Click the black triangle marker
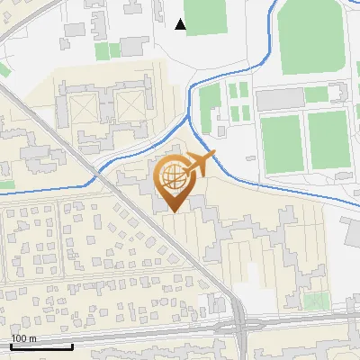[x=181, y=24]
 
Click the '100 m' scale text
[x=24, y=338]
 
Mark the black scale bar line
[x=41, y=346]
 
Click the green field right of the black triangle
[x=207, y=16]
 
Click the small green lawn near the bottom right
[x=314, y=300]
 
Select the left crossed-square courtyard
[x=80, y=109]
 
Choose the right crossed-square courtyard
[x=128, y=107]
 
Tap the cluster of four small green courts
[x=238, y=102]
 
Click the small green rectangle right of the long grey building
[x=316, y=94]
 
